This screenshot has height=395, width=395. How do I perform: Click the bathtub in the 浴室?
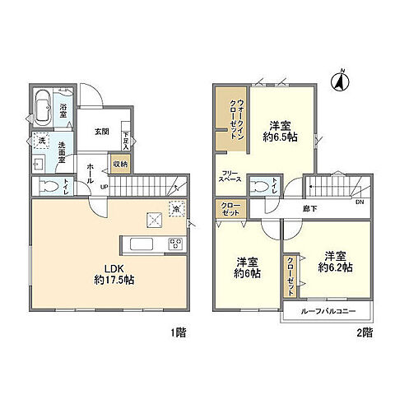[x=44, y=107]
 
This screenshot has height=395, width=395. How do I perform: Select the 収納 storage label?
[x=120, y=163]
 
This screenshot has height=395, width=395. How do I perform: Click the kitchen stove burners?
[x=174, y=243]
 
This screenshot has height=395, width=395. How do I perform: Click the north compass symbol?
[x=337, y=81]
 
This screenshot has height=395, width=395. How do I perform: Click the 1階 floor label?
[x=178, y=332]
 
